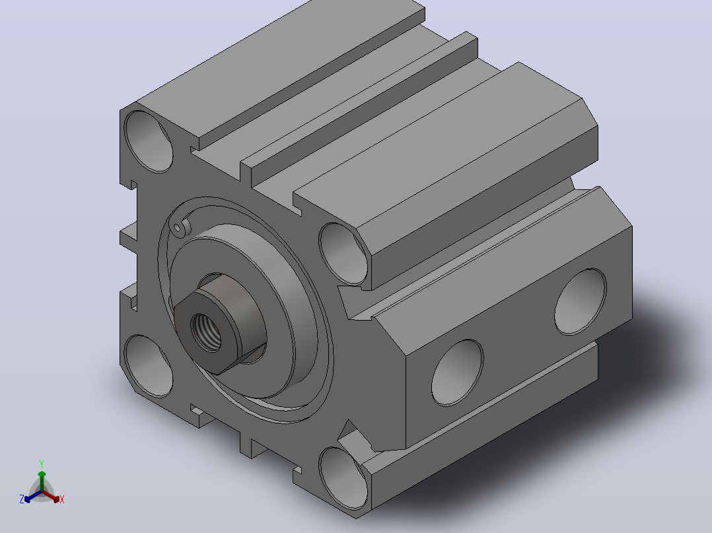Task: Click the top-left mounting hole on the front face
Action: [x=149, y=142]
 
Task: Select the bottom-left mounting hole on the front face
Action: [x=149, y=366]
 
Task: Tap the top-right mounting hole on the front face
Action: [x=343, y=254]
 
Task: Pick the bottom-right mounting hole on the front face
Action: [x=343, y=478]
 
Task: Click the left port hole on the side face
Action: [x=457, y=373]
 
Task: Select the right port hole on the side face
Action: [x=581, y=301]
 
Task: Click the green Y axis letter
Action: [x=42, y=464]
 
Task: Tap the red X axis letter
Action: [x=62, y=499]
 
